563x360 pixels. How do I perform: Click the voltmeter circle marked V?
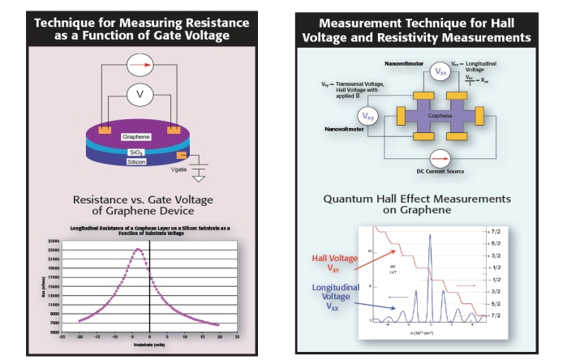tap(140, 94)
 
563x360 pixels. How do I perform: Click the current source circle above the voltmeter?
tap(140, 62)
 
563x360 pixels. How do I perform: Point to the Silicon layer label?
tap(136, 161)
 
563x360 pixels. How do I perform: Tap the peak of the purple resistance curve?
tap(138, 249)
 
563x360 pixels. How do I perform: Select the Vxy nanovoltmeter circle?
tap(369, 116)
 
